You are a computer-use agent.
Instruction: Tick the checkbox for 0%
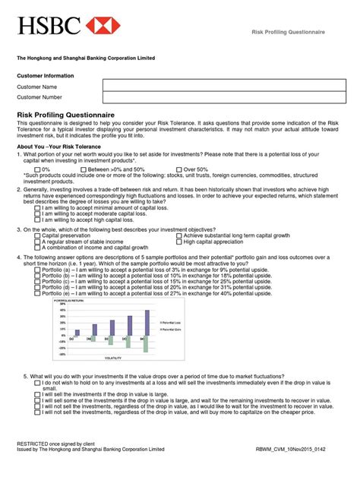(x=38, y=169)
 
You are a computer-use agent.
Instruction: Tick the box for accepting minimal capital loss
(x=38, y=207)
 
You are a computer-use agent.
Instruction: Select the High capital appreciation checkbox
(x=179, y=242)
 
